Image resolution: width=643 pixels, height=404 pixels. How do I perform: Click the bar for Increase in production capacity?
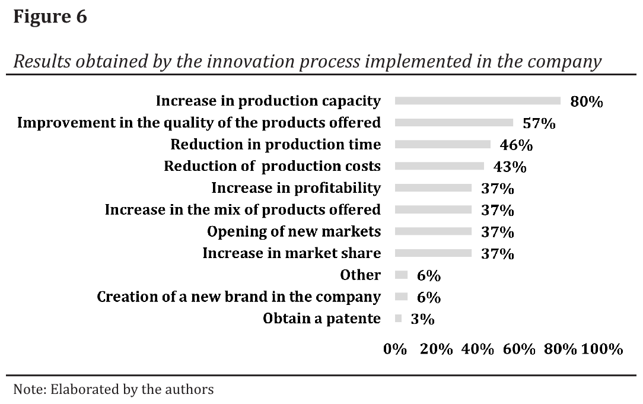(478, 101)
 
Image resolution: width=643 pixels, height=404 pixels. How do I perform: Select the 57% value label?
(539, 123)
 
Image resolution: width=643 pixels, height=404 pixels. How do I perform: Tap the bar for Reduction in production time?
(443, 144)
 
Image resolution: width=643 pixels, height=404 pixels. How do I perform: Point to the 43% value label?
(510, 167)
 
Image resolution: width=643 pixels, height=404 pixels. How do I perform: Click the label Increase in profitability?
(296, 188)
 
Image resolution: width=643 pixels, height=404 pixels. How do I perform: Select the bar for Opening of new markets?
(433, 231)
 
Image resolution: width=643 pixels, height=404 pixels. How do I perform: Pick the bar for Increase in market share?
(433, 253)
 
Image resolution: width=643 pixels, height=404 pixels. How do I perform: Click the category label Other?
(360, 275)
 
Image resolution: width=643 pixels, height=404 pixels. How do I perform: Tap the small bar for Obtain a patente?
(398, 319)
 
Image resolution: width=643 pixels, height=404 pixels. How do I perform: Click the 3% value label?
(422, 319)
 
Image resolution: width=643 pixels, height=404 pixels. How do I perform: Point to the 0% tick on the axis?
(395, 349)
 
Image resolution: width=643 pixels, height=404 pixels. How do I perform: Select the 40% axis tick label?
(478, 349)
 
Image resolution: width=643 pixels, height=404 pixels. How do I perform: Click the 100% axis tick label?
(602, 349)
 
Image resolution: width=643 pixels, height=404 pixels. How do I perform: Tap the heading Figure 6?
(50, 17)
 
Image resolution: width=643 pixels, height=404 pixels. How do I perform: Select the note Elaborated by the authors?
(113, 390)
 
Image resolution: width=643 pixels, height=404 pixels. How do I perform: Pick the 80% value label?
(586, 102)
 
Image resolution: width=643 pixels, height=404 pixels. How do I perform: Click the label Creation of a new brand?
(238, 297)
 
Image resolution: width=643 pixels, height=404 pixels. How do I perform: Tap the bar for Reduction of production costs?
(439, 166)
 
